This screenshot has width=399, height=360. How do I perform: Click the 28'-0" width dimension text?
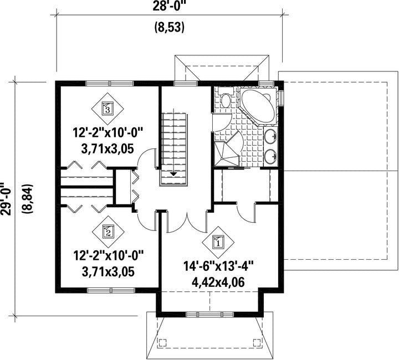(168, 6)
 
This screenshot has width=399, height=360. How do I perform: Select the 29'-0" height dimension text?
(6, 199)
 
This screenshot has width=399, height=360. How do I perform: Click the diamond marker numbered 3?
(108, 109)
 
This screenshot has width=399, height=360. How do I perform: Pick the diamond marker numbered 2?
(108, 232)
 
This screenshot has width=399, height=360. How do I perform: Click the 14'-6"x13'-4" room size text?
(219, 267)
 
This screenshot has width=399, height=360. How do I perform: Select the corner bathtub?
(258, 106)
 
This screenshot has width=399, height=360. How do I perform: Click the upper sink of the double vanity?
(270, 137)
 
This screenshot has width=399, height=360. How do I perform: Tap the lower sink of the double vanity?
(270, 156)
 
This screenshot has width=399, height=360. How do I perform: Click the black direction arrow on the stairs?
(173, 174)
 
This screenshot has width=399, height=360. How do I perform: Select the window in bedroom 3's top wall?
(109, 83)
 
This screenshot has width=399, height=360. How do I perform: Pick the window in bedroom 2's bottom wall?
(111, 290)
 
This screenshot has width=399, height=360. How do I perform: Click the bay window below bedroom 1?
(210, 315)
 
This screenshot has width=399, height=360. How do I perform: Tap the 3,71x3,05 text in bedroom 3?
(108, 149)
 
